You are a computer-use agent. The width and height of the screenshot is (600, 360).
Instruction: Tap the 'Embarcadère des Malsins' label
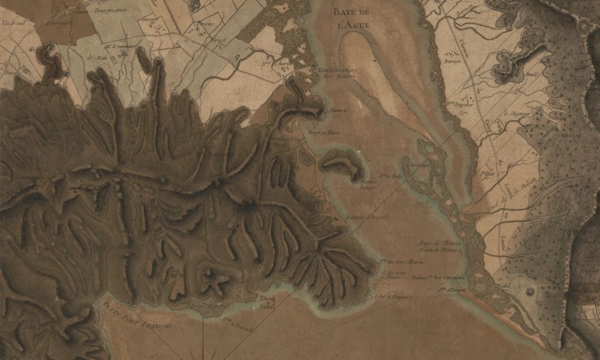[337, 73]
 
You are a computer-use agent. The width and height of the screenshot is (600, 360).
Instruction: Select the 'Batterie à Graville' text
[368, 218]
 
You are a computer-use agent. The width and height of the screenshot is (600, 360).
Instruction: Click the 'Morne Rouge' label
[366, 185]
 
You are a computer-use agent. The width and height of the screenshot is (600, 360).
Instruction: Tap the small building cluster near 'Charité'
[285, 69]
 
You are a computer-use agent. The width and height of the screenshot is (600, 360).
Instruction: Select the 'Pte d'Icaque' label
[452, 288]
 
